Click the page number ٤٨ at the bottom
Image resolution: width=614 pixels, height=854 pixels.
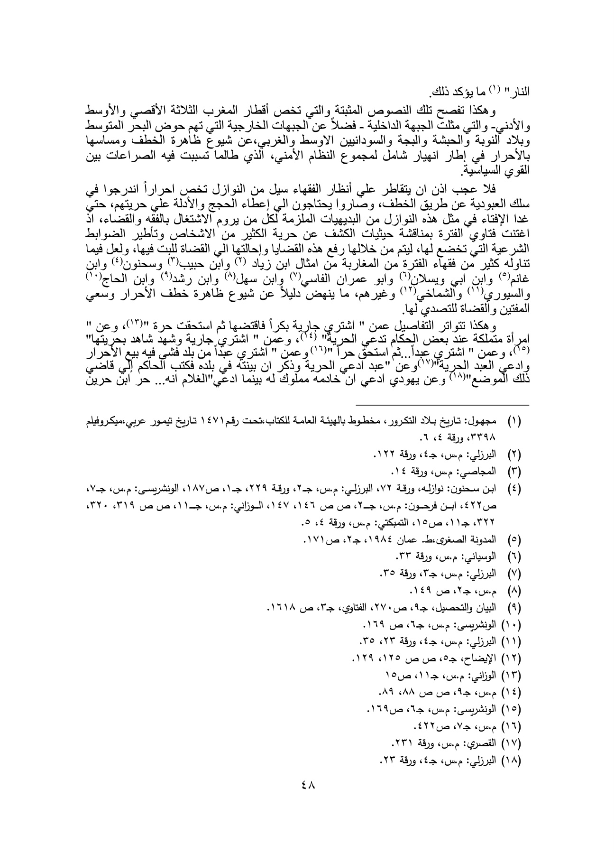point(308,798)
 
